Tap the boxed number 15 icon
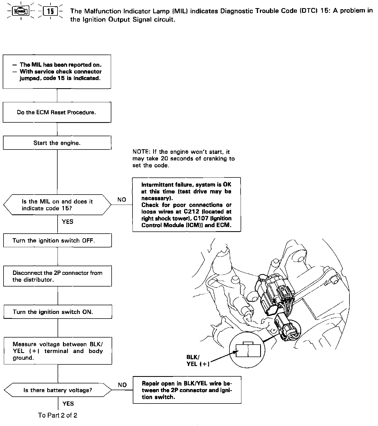click(51, 11)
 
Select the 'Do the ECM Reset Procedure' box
click(57, 112)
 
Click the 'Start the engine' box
click(57, 143)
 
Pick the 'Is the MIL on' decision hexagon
click(57, 205)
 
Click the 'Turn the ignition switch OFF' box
click(57, 240)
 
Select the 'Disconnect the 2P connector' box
click(57, 276)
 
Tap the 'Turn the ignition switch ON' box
click(58, 312)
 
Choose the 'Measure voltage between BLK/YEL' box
click(58, 351)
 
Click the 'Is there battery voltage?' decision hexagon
click(58, 390)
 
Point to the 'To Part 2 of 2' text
click(58, 415)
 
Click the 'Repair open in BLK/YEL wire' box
click(187, 390)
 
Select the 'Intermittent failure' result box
click(186, 205)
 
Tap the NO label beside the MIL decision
click(122, 200)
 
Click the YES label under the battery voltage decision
click(68, 404)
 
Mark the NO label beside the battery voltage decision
click(122, 385)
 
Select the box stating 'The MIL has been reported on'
click(57, 72)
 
